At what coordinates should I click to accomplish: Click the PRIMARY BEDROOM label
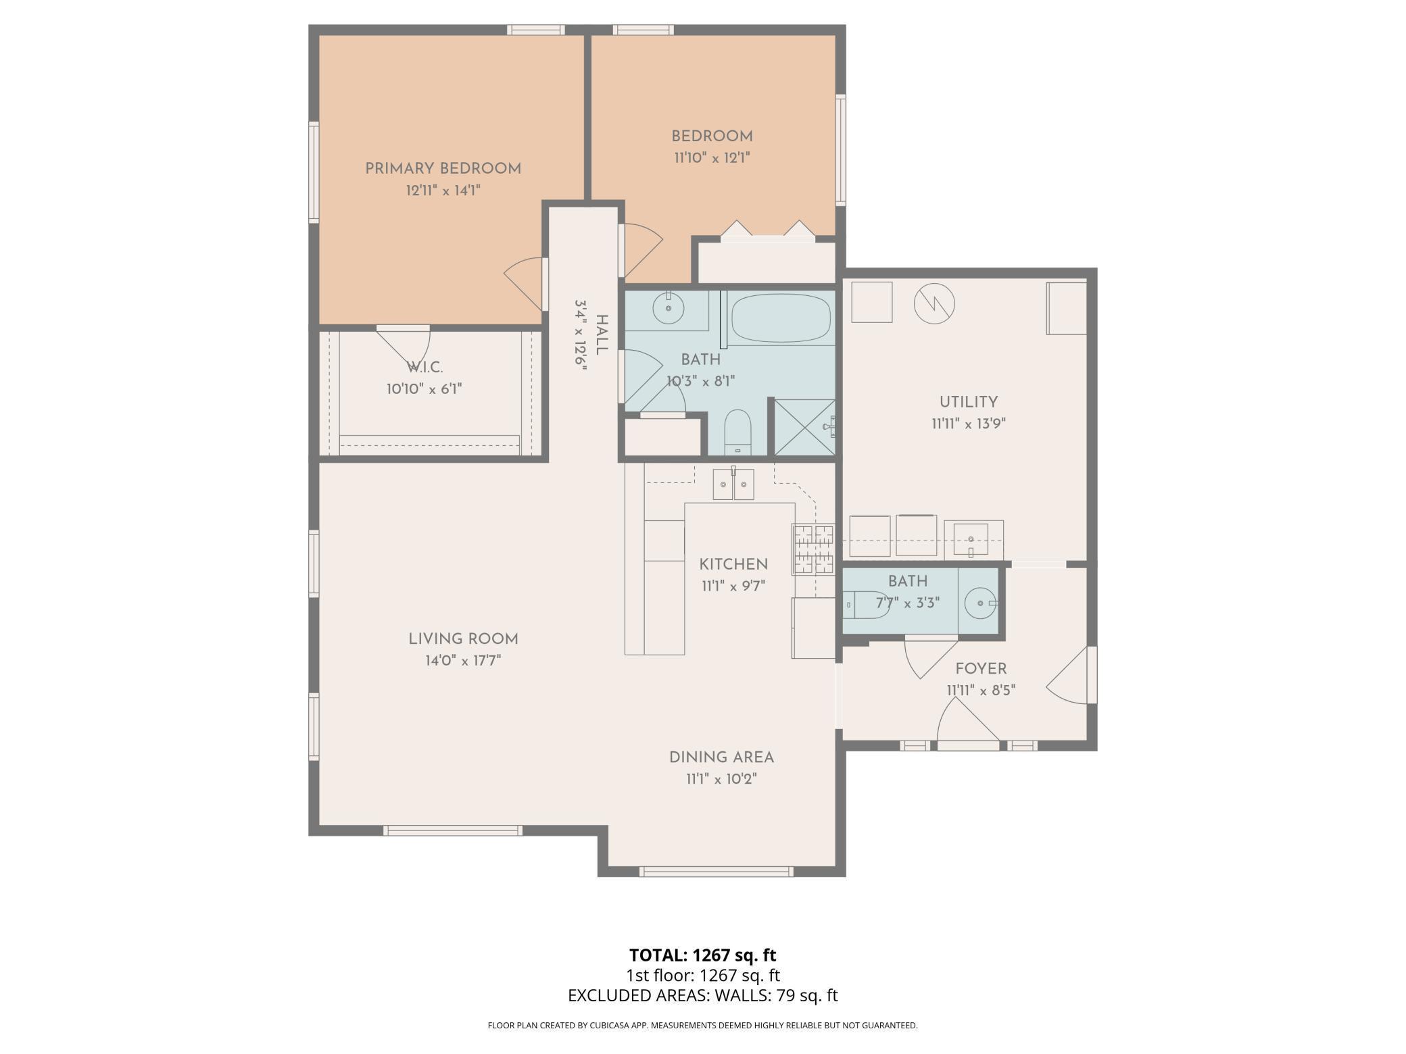(x=443, y=169)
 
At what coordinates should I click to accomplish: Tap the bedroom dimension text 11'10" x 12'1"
(x=712, y=158)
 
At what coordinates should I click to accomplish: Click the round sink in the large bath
(x=669, y=309)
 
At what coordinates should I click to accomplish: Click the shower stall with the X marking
(x=804, y=427)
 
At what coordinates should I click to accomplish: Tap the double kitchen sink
(x=733, y=484)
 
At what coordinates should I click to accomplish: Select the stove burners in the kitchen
(x=813, y=549)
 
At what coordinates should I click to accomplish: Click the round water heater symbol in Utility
(x=934, y=303)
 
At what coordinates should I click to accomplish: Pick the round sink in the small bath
(x=979, y=603)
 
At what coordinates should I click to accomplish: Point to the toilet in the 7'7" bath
(x=867, y=604)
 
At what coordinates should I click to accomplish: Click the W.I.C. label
(x=425, y=368)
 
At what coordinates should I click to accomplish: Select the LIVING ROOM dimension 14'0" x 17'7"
(x=463, y=661)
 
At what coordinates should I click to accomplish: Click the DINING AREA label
(x=721, y=757)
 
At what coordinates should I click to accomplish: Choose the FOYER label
(x=981, y=669)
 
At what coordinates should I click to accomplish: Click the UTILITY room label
(x=968, y=402)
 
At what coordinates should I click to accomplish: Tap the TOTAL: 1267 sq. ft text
(x=702, y=955)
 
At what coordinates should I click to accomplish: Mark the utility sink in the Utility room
(x=971, y=539)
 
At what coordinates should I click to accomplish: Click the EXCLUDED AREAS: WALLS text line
(x=702, y=995)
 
